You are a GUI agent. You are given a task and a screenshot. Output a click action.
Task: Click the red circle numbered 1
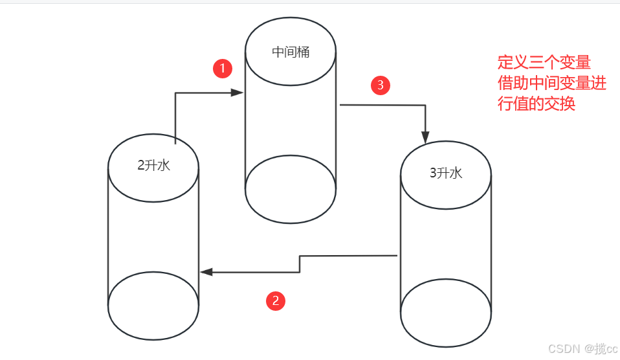coord(223,69)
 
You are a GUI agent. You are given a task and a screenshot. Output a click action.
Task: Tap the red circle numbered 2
coord(276,300)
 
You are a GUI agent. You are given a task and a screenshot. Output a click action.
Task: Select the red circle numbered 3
coord(380,85)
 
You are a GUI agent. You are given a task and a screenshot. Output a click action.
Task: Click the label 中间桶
coord(291,52)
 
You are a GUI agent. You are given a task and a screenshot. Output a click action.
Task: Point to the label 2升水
coord(153,165)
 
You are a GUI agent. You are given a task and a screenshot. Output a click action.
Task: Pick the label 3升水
coord(446,174)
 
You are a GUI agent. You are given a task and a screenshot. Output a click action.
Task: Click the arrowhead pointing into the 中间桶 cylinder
coord(238,93)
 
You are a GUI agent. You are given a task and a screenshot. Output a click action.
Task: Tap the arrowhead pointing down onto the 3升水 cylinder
coord(425,137)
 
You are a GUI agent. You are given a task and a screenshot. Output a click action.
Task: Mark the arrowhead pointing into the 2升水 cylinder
coord(207,272)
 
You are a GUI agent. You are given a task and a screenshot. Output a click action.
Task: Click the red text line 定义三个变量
coord(544,63)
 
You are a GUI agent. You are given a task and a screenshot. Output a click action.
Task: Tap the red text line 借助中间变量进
coord(551,84)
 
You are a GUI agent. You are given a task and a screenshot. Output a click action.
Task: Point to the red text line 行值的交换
coord(536,104)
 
